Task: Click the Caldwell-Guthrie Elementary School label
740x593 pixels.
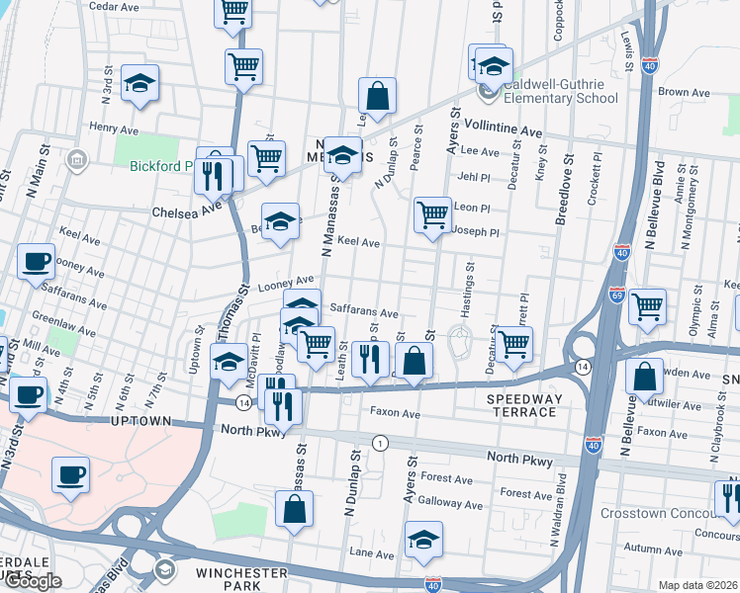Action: [561, 91]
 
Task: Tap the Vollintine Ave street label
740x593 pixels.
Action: [505, 131]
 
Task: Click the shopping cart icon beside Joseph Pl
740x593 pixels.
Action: [431, 214]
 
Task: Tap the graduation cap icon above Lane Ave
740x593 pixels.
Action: [423, 539]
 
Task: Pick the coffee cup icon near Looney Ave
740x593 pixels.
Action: [37, 261]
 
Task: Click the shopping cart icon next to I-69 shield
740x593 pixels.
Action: [647, 306]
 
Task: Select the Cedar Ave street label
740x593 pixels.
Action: [111, 6]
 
